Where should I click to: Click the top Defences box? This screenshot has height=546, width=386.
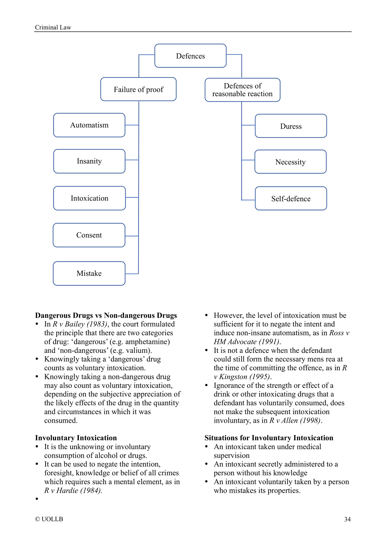(190, 56)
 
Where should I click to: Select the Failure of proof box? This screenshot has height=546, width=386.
(138, 89)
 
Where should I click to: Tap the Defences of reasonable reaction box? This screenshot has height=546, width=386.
(242, 90)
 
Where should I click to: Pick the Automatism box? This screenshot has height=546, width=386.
(89, 125)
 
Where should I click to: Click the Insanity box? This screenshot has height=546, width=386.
(89, 161)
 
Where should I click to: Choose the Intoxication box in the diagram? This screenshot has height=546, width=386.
(89, 198)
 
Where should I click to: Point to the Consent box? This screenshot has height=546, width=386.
(89, 235)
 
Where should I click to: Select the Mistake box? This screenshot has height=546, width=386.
(89, 273)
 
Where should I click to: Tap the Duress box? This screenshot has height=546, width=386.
(291, 126)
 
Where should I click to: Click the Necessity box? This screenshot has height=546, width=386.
(290, 162)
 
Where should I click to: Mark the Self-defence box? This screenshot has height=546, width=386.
(291, 199)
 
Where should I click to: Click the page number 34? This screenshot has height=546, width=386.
(347, 519)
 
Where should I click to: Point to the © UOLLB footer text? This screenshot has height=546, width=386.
(49, 519)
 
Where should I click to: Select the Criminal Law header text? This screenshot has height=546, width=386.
(53, 28)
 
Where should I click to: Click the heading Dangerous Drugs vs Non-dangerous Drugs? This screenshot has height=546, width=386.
(106, 315)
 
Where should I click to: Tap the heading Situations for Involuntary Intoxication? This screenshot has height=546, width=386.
(269, 438)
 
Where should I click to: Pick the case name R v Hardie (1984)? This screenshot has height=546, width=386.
(73, 490)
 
